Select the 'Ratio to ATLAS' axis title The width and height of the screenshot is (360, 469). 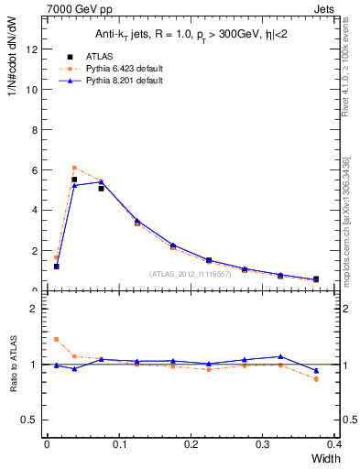tap(14, 364)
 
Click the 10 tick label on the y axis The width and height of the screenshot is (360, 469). tap(31, 90)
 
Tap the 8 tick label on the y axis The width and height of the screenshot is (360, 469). tap(34, 130)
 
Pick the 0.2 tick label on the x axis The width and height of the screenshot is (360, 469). tap(191, 443)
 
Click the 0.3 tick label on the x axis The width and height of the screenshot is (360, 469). tap(263, 443)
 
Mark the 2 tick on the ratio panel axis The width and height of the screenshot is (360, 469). tap(34, 309)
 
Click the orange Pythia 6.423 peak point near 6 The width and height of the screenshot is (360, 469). tap(74, 168)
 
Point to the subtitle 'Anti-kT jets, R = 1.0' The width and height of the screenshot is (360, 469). tap(142, 34)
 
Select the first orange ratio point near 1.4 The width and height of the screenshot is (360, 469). tap(57, 339)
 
